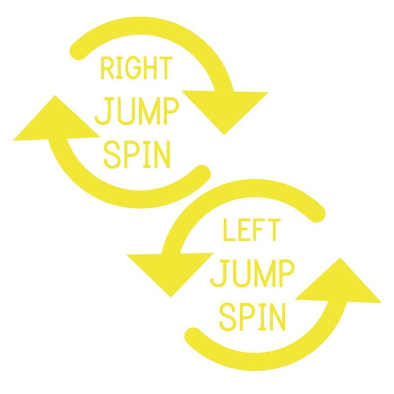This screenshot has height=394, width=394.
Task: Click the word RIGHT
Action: (135, 68)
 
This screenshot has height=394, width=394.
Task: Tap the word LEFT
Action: (252, 230)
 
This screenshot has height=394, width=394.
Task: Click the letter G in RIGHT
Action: (129, 68)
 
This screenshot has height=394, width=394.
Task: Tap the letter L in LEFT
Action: (229, 230)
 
